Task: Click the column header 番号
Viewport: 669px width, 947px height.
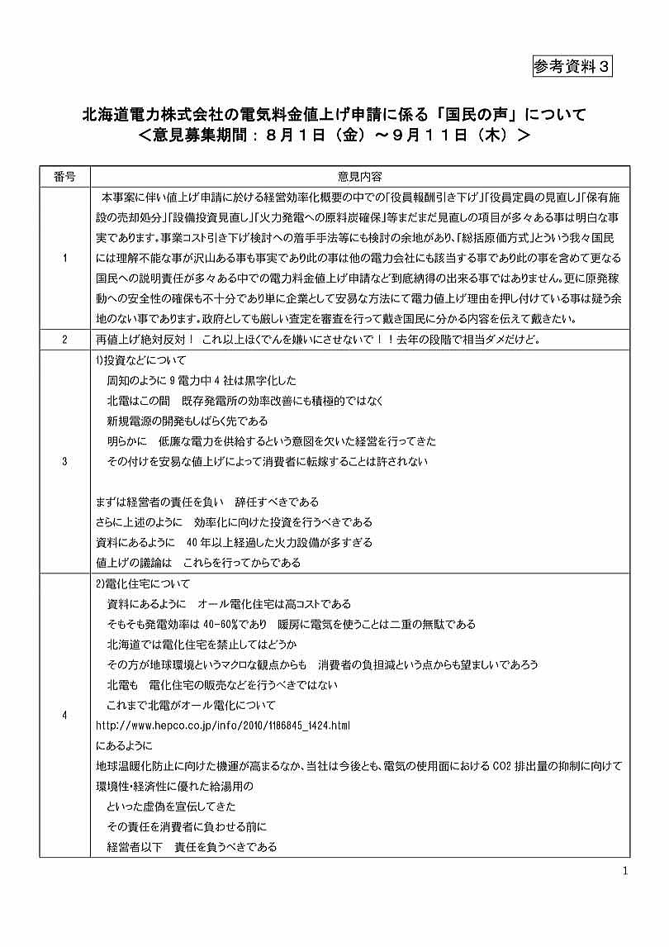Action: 64,176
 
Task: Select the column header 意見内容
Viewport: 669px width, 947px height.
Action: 358,176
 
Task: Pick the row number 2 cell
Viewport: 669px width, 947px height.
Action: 64,340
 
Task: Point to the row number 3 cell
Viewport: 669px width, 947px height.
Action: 64,461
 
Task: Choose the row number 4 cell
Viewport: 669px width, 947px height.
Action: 64,715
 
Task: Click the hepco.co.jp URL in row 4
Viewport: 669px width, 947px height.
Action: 223,726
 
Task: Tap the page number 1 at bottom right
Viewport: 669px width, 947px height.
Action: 625,871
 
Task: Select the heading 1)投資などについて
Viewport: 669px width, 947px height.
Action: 141,360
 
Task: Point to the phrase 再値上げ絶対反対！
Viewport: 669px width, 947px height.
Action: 145,340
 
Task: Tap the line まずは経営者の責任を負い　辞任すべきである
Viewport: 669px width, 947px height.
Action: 207,502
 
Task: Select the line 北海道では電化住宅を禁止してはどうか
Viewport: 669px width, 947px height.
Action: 202,644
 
